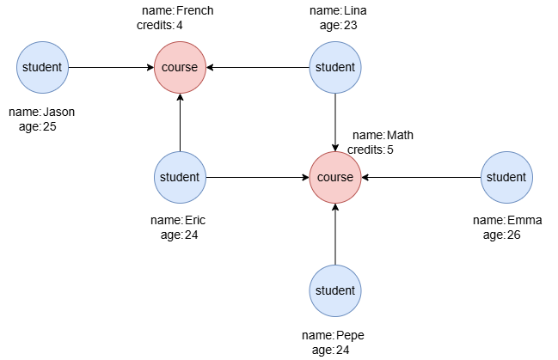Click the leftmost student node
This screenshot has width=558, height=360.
coord(42,67)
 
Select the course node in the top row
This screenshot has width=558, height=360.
coord(180,67)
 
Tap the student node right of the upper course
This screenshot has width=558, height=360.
coord(335,67)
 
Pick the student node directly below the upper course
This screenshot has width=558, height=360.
coord(180,177)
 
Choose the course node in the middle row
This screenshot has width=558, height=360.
coord(335,177)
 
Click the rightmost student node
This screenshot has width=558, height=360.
coord(506,177)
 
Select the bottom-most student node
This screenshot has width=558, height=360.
coord(335,290)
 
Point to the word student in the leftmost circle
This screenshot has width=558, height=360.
coord(42,67)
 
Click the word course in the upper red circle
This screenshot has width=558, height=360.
coord(180,67)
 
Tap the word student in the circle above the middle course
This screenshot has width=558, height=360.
coord(335,67)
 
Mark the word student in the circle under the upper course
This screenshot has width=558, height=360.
coord(180,177)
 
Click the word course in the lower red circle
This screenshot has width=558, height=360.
coord(335,177)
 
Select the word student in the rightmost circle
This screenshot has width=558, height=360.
coord(506,177)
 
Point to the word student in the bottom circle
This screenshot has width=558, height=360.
coord(335,290)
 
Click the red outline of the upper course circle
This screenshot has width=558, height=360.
coord(180,41)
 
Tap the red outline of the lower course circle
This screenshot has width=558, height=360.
coord(335,151)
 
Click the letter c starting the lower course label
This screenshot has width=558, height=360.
coord(321,178)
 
